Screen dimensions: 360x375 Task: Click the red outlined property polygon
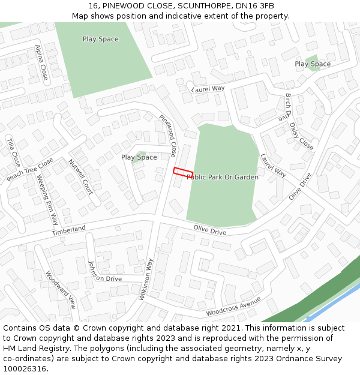[183, 172]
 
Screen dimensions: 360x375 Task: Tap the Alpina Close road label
[41, 62]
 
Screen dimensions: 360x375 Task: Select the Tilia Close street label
[13, 151]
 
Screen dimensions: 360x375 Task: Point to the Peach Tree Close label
[30, 170]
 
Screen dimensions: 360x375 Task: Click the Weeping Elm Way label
[47, 199]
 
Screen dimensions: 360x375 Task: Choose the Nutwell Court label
[80, 177]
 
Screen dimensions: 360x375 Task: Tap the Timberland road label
[68, 230]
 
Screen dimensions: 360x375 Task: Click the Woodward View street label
[61, 289]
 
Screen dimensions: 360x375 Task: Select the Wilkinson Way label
[146, 280]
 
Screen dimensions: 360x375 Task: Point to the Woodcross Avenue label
[233, 306]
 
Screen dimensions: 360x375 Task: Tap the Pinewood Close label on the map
[168, 136]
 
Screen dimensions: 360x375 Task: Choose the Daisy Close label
[301, 137]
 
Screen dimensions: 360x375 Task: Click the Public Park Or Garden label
[223, 177]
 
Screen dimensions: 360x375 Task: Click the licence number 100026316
[24, 369]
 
